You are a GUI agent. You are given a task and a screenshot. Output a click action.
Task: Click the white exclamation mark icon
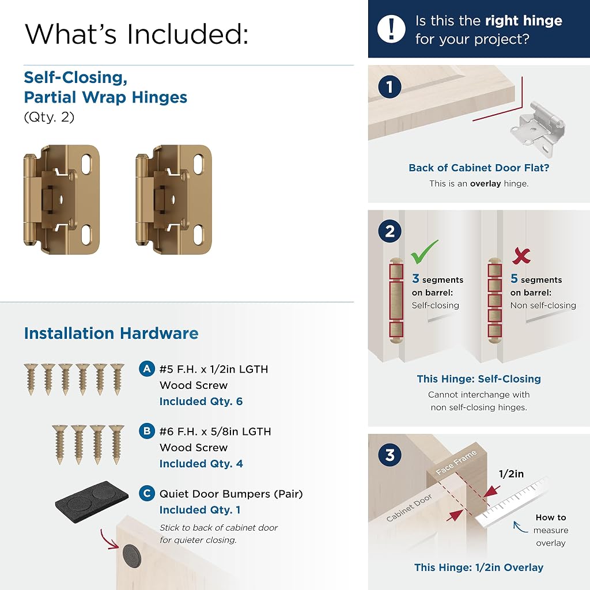[391, 29]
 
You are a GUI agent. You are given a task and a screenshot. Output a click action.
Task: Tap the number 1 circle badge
[390, 87]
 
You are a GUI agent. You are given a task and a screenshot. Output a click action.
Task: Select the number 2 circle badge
[390, 231]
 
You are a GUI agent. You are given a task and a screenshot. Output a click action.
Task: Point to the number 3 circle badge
[390, 455]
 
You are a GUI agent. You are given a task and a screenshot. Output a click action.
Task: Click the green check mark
[423, 252]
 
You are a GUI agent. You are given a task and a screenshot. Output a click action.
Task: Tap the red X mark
[521, 256]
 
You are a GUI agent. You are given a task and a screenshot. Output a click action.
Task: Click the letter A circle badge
[147, 369]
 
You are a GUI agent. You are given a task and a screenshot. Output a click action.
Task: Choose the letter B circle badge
[147, 431]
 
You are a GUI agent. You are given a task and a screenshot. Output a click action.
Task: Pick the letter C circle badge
[147, 493]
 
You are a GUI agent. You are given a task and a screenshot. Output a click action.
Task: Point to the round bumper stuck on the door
[132, 555]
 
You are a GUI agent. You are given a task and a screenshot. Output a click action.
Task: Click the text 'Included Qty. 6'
[201, 402]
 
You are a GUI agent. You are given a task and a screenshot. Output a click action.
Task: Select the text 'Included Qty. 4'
[201, 464]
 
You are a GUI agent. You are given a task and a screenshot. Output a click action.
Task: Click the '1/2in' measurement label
[511, 474]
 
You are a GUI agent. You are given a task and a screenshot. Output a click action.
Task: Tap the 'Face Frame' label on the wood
[456, 462]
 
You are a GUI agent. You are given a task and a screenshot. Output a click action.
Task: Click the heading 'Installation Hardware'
[111, 334]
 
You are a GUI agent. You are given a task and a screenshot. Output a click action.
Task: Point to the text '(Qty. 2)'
[49, 117]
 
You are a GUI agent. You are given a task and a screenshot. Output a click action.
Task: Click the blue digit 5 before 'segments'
[514, 278]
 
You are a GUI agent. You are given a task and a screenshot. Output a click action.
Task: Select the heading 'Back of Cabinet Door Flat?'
[479, 168]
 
